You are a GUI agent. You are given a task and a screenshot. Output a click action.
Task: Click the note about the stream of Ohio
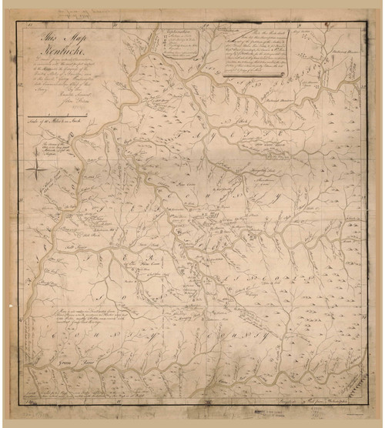[56, 149]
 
